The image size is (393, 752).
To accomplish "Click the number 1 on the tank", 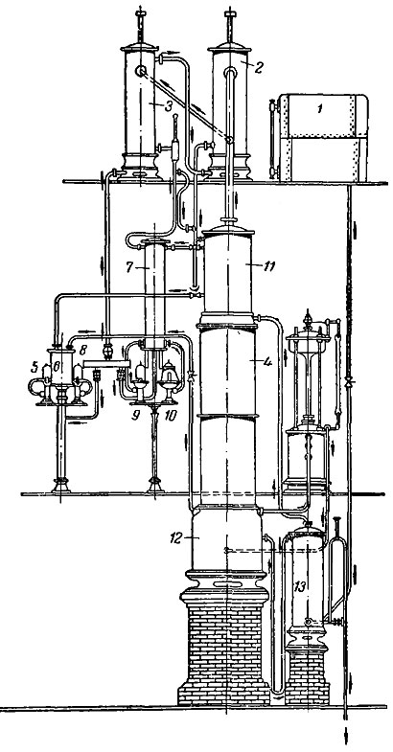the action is (319, 109).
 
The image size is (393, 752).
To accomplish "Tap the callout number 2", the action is (258, 67).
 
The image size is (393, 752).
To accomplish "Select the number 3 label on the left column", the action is (168, 106).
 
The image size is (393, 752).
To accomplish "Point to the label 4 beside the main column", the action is (267, 362).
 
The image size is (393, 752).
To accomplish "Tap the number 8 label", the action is (83, 351).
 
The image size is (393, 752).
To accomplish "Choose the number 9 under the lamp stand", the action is (136, 416).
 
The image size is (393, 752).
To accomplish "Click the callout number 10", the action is (170, 416).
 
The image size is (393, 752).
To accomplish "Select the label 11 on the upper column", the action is (268, 266).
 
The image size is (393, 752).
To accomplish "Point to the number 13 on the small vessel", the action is (300, 586).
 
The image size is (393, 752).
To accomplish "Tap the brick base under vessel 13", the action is (307, 677).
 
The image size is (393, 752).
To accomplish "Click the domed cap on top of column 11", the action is (228, 229).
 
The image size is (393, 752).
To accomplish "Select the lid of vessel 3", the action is (139, 47).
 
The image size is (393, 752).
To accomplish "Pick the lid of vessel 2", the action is (230, 47).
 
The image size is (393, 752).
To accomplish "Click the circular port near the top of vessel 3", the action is (141, 72).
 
